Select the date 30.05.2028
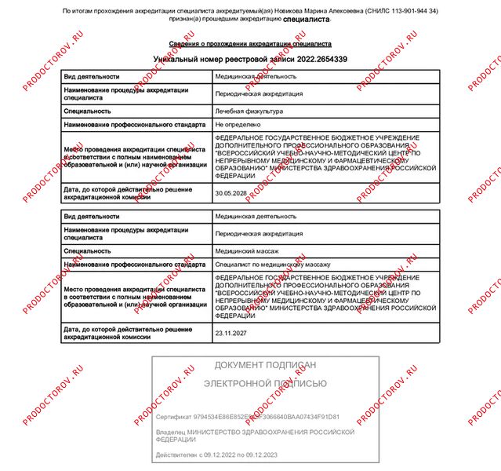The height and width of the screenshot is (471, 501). coord(231,192)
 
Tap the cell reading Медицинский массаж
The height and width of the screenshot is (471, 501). coord(247,250)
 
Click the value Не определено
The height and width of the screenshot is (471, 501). coord(238,124)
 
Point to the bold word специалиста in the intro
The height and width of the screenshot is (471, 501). coord(306,19)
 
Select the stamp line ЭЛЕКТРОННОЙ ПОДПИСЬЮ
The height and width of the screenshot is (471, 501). coord(266,384)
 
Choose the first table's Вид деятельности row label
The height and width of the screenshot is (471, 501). coord(92,77)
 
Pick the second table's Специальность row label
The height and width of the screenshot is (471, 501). coord(87,250)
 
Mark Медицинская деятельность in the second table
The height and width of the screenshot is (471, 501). coord(256,216)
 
